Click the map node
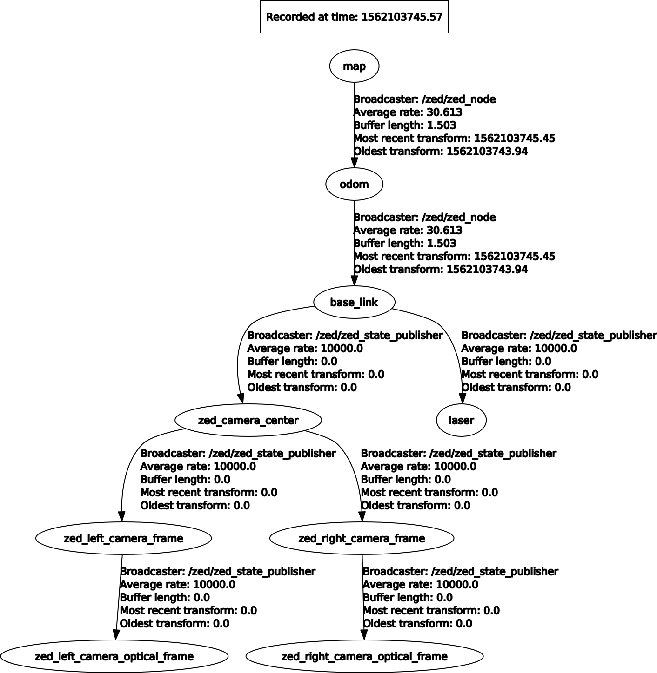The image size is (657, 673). point(354,66)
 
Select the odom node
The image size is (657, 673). point(354,184)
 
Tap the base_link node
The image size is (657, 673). point(354,302)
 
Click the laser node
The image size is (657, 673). point(461,420)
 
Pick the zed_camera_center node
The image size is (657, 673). point(248,420)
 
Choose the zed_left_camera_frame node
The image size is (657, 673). point(123,538)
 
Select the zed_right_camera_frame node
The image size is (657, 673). point(362,538)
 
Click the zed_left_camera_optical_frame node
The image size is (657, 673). point(114,656)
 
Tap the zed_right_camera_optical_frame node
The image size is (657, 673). point(364,656)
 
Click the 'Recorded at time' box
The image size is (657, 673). point(354,17)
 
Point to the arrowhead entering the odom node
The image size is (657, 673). point(354,162)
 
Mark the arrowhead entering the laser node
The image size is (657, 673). point(462,398)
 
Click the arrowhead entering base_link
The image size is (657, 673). point(354,280)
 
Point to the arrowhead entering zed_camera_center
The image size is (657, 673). point(241,398)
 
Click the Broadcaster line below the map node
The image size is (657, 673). point(424,99)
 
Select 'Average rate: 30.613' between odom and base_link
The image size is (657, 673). point(408,231)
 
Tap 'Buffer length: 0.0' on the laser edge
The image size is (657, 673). point(506,362)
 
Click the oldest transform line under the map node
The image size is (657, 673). point(440,152)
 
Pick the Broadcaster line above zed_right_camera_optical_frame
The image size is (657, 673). point(460,572)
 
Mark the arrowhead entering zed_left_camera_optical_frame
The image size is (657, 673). point(116,634)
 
